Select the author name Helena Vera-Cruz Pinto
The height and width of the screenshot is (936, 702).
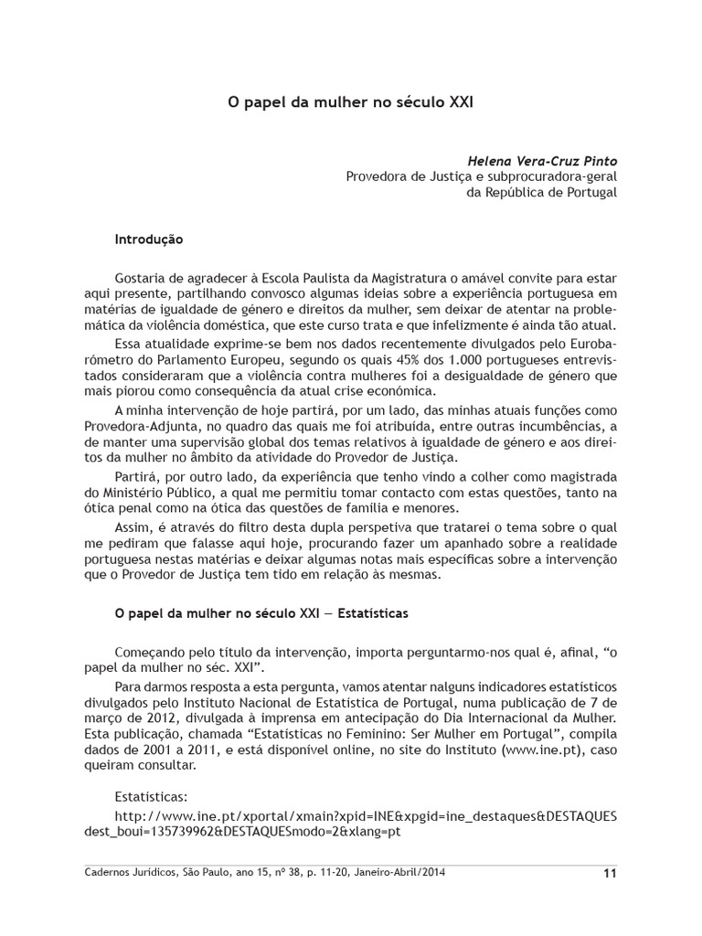542,160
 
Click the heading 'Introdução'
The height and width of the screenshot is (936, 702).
149,239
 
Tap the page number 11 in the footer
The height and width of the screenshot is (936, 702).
611,873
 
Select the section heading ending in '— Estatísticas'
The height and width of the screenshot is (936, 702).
261,613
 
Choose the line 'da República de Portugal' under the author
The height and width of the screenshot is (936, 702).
542,193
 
